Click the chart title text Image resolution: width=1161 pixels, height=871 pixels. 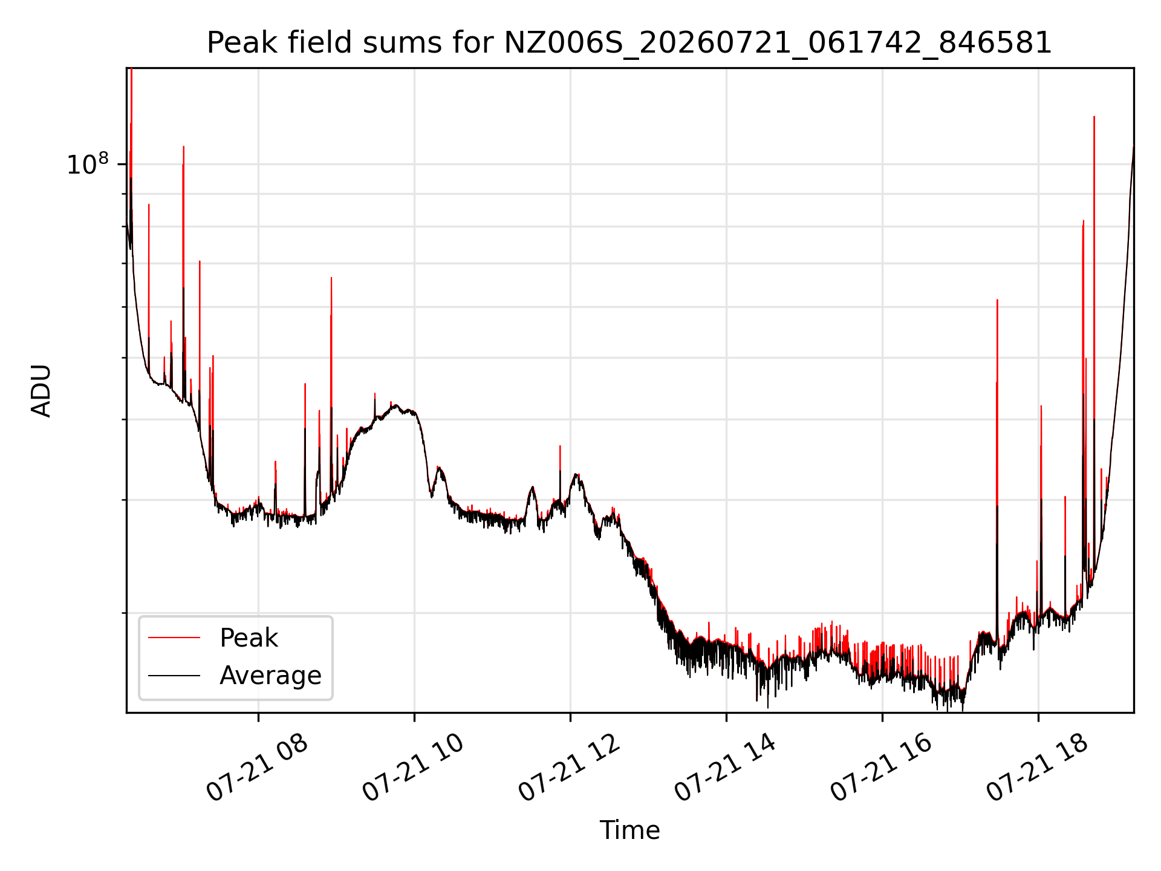point(629,43)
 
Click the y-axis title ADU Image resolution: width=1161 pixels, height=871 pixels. point(41,391)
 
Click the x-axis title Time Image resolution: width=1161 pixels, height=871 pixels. point(629,830)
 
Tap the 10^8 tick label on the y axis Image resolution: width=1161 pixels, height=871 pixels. point(88,164)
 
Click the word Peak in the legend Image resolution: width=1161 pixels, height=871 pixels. point(249,638)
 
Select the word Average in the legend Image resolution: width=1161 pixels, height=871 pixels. point(270,676)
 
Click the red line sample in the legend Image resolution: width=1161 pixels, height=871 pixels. point(174,638)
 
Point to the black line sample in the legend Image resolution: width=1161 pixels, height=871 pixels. point(174,675)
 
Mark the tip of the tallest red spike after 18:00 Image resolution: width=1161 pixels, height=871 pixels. point(1094,117)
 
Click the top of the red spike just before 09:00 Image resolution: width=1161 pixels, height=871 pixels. point(331,278)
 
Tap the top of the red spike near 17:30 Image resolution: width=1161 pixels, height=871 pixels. point(997,300)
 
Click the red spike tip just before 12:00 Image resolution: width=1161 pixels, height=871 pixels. point(560,446)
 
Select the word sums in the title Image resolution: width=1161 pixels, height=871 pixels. point(396,44)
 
